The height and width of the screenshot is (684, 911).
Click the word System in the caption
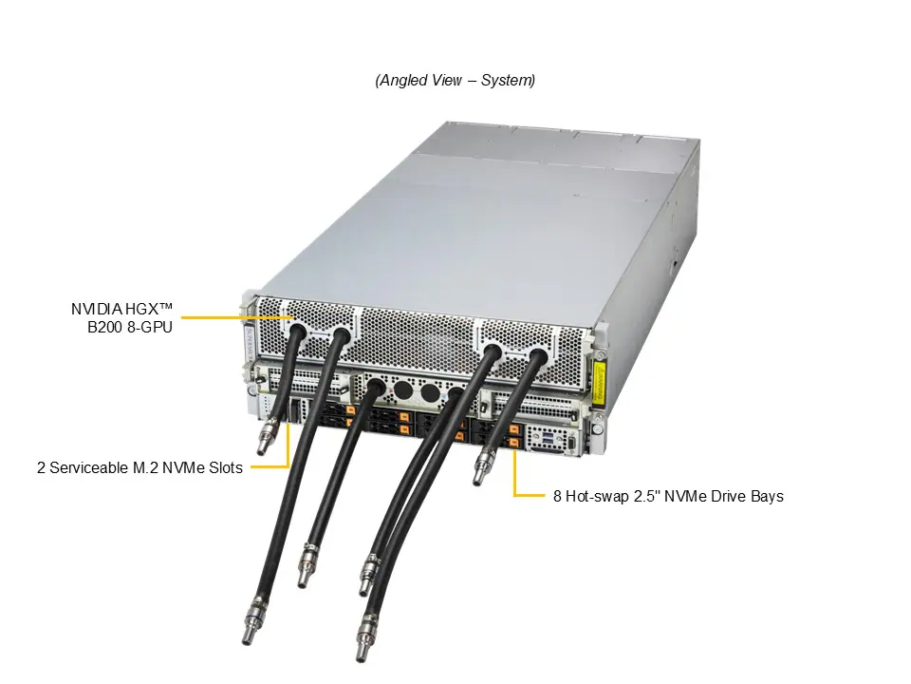tap(508, 81)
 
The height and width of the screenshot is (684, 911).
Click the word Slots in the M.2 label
tap(224, 467)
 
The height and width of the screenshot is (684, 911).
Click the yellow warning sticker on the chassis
tap(599, 382)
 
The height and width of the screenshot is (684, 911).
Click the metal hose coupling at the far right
tap(482, 467)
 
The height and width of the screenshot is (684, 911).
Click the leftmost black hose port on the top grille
tap(295, 332)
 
